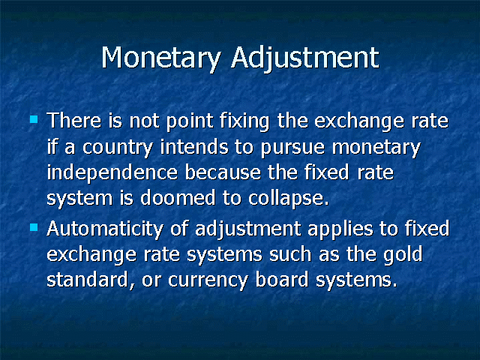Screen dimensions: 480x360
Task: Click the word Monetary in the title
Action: tap(161, 58)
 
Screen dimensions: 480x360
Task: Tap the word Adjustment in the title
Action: tap(305, 58)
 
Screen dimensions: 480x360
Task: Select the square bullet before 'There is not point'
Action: tap(34, 118)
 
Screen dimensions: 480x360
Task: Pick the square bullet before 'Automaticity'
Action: tap(34, 227)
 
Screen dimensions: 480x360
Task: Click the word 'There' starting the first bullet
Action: tap(73, 120)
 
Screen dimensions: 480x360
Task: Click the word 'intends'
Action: tap(194, 146)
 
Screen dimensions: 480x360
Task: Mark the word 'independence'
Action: tap(112, 173)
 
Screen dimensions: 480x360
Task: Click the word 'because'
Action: tap(223, 172)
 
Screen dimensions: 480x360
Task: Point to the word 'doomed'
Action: tap(178, 197)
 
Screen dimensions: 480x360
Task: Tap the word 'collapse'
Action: tap(288, 199)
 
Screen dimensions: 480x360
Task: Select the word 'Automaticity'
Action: tap(105, 229)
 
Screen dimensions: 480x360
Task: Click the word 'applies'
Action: tap(340, 230)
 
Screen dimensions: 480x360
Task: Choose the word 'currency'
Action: tap(208, 281)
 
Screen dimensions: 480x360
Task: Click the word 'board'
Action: tap(282, 279)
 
